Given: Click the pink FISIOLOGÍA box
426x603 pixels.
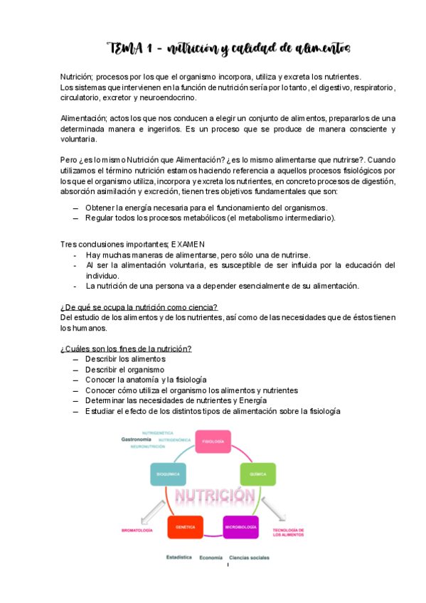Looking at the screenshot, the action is pyautogui.click(x=213, y=441).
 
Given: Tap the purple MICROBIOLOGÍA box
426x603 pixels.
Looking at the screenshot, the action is pyautogui.click(x=241, y=527).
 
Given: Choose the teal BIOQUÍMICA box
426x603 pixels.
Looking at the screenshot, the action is pyautogui.click(x=169, y=474).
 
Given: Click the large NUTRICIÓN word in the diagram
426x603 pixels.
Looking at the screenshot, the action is pyautogui.click(x=214, y=495).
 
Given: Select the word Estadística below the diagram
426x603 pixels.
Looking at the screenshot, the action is pyautogui.click(x=179, y=557).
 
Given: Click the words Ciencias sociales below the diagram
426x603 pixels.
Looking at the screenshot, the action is pyautogui.click(x=249, y=557).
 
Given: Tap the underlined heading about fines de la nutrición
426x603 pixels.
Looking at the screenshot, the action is pyautogui.click(x=126, y=348).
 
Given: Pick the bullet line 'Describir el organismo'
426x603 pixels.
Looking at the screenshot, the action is pyautogui.click(x=124, y=369).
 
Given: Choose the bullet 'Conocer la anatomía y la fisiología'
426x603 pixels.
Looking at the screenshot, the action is pyautogui.click(x=146, y=380).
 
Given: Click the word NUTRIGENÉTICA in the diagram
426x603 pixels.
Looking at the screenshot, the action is pyautogui.click(x=159, y=432).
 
